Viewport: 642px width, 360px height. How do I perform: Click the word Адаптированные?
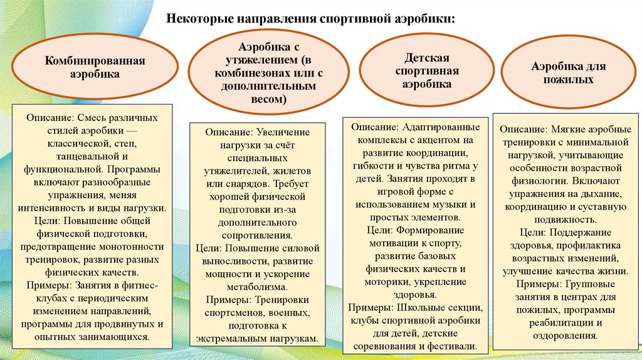click(x=446, y=127)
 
